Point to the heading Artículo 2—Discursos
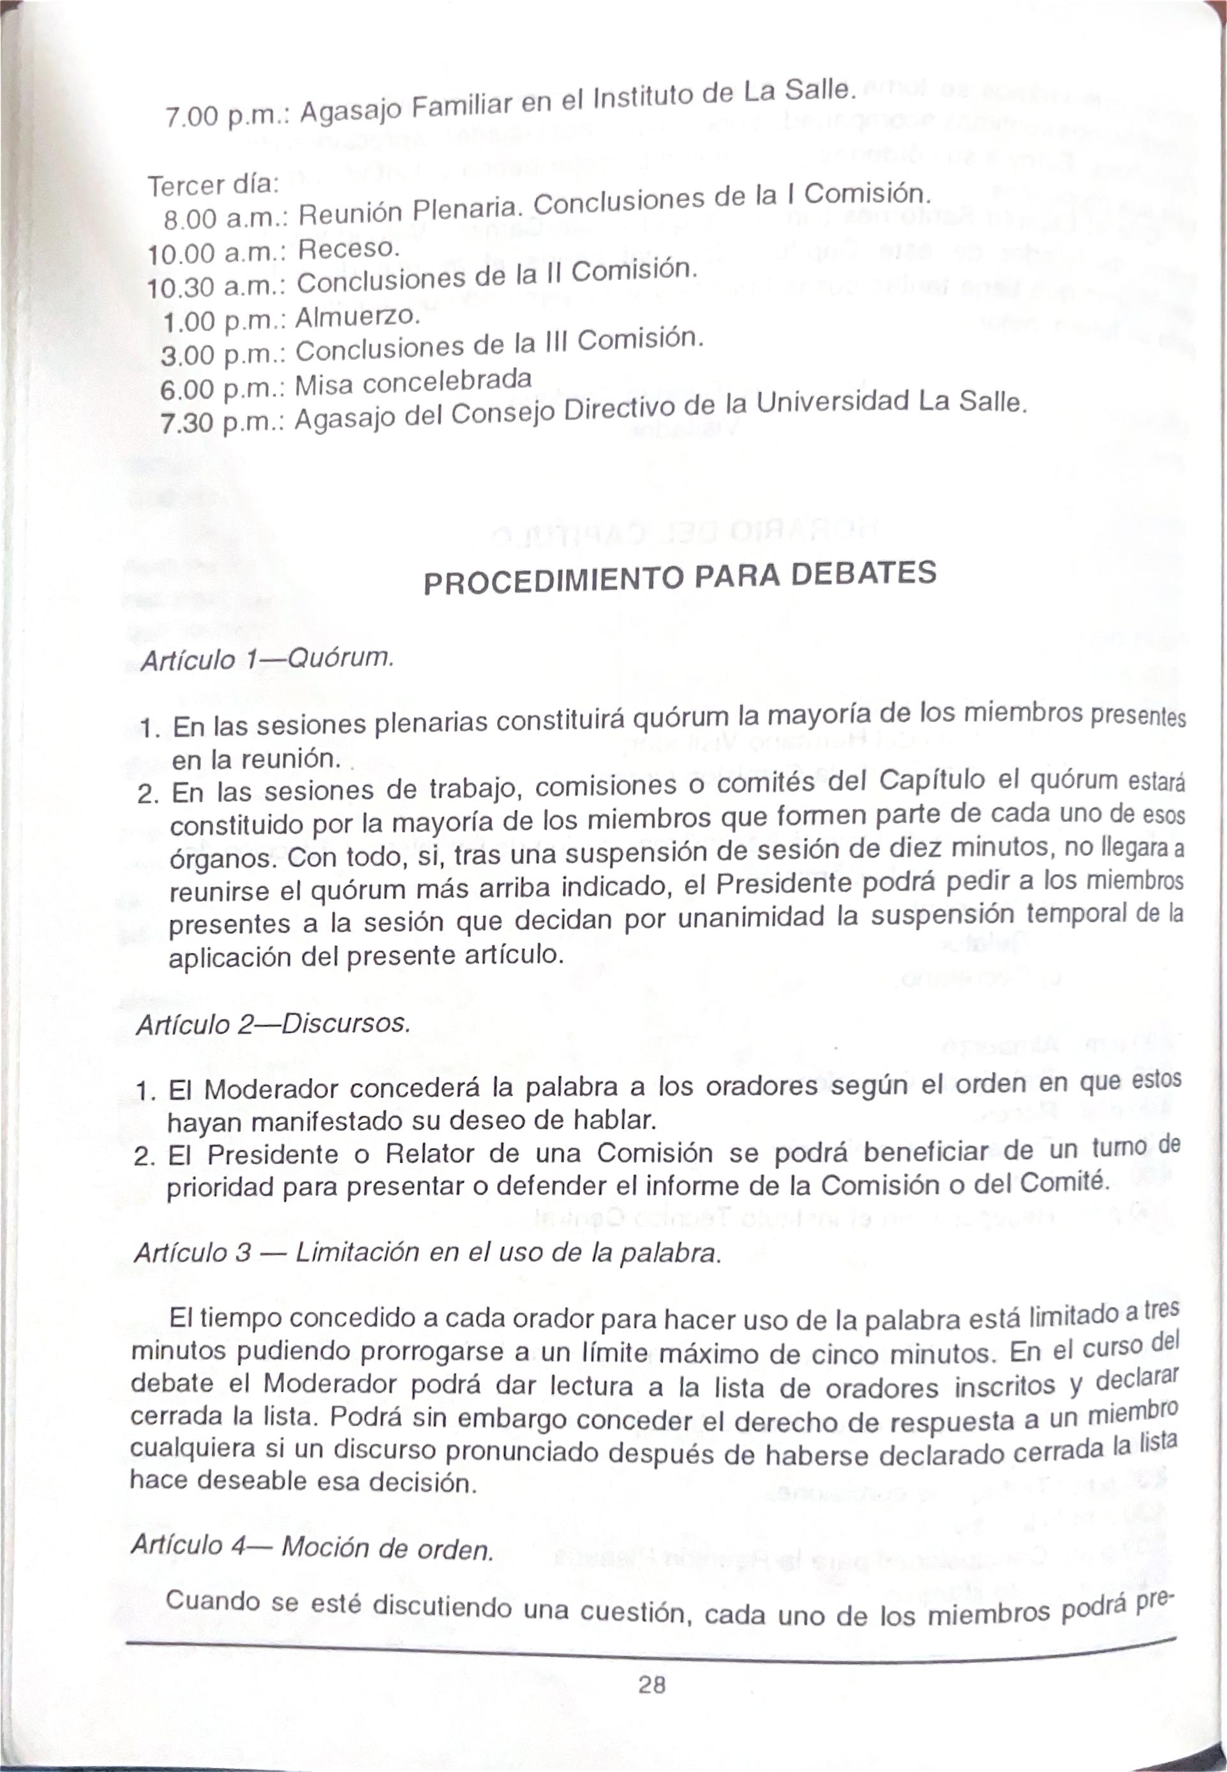(271, 1024)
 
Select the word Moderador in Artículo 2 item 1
(273, 1090)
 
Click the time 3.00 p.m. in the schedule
(223, 355)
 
